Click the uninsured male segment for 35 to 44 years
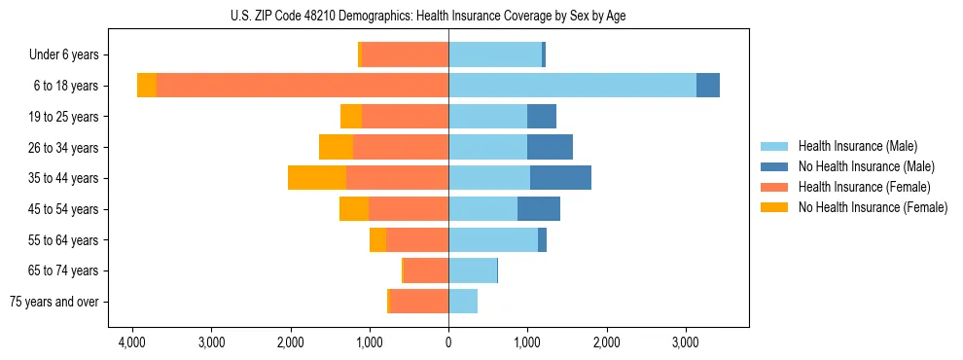[x=560, y=178]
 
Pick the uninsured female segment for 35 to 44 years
[x=317, y=178]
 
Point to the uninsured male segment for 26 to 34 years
[x=550, y=147]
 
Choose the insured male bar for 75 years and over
[x=463, y=302]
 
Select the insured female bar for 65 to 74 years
[x=426, y=270]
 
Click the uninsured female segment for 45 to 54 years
[x=354, y=209]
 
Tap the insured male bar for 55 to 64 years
[x=493, y=239]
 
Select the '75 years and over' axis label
[x=53, y=302]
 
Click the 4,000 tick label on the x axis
[x=132, y=342]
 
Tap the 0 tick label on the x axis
[x=448, y=342]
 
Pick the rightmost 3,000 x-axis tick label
[x=685, y=342]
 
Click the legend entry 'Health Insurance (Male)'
[x=857, y=146]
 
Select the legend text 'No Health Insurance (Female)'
[x=873, y=207]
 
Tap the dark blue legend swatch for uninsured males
[x=774, y=166]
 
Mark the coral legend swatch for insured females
[x=774, y=187]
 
